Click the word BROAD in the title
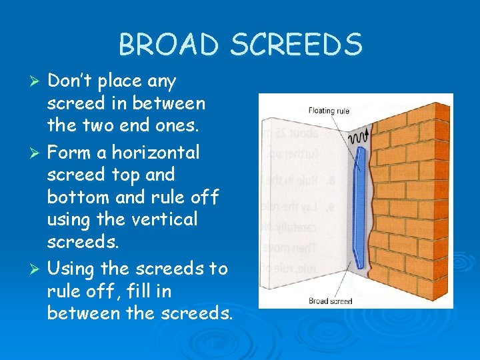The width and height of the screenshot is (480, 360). pos(169,45)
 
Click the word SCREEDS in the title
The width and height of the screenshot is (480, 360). pos(296,45)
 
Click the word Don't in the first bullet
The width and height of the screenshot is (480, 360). pos(71,81)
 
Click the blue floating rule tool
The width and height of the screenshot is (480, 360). pos(361,206)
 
